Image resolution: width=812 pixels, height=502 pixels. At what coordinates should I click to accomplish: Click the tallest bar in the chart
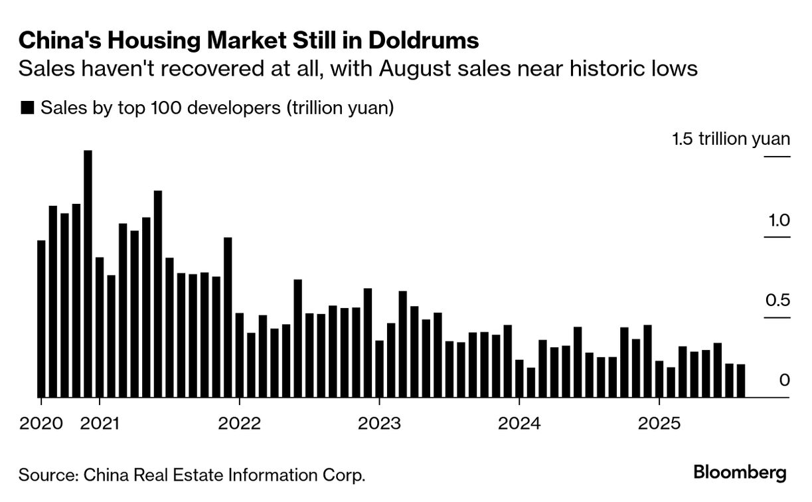pyautogui.click(x=88, y=274)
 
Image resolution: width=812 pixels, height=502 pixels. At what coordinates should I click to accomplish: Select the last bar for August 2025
pyautogui.click(x=741, y=380)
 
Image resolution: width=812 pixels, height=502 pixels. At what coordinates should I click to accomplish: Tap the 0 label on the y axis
pyautogui.click(x=784, y=381)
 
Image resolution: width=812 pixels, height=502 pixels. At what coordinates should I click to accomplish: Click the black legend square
pyautogui.click(x=27, y=108)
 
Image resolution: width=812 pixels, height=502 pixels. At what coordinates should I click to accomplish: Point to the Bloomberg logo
pyautogui.click(x=740, y=473)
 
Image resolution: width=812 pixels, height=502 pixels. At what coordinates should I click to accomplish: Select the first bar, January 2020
pyautogui.click(x=41, y=319)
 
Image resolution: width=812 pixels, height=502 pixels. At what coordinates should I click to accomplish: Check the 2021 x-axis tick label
pyautogui.click(x=100, y=423)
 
